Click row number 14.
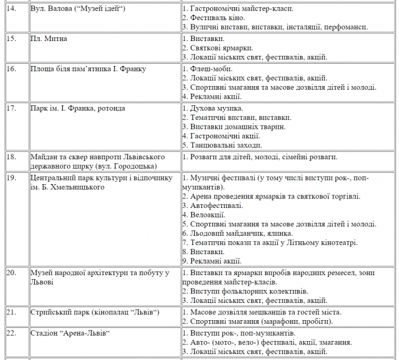11,9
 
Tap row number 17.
11,108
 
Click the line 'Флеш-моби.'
207,69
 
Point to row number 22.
11,333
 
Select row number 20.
11,273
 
